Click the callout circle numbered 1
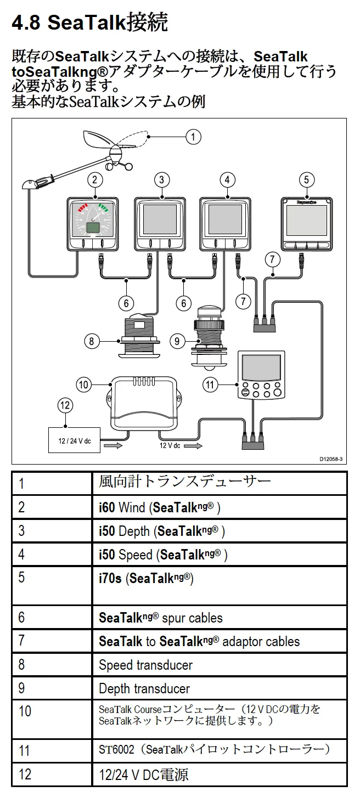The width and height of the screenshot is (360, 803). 193,136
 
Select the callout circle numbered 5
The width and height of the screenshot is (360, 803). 306,179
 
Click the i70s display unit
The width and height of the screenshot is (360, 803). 306,224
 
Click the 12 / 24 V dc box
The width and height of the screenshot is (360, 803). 74,440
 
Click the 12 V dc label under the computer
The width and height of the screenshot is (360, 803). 170,445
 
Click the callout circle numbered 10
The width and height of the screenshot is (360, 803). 83,385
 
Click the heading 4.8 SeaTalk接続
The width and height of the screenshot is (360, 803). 89,23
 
